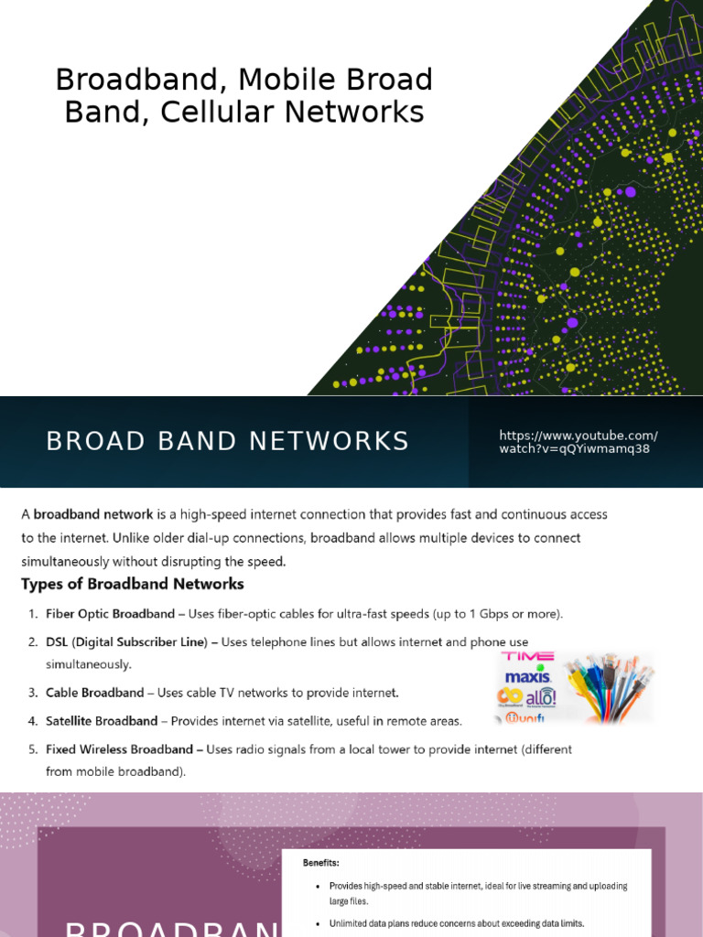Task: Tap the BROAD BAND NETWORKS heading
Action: coord(228,441)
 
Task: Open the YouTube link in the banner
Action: coord(578,442)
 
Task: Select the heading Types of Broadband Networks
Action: coord(133,584)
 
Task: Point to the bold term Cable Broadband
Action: coord(95,692)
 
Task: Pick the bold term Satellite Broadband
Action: coord(103,721)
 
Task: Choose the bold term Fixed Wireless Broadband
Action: coord(119,749)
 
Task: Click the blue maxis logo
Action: coord(527,678)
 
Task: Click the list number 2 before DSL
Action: coord(32,642)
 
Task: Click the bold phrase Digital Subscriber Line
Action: coord(144,642)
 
